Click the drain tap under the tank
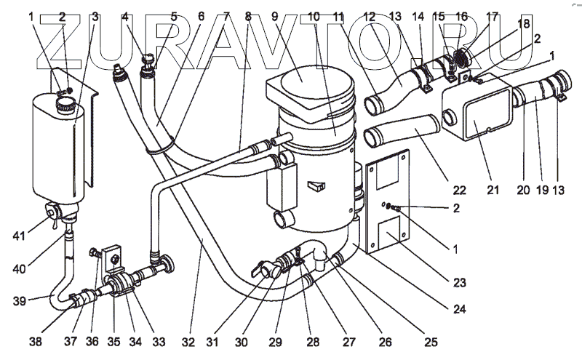point(54,213)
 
